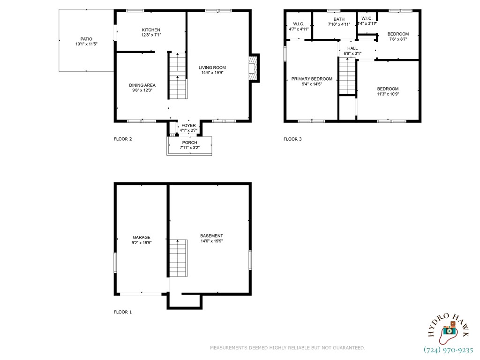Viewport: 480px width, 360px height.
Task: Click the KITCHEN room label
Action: (151, 30)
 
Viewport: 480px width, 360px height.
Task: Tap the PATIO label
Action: (86, 39)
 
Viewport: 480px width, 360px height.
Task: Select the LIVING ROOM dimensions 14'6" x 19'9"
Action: (212, 73)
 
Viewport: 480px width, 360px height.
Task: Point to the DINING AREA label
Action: (142, 85)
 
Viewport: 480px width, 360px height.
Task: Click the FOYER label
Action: (188, 125)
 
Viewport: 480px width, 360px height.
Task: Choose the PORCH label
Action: (190, 142)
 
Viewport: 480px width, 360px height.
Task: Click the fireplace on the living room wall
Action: (254, 68)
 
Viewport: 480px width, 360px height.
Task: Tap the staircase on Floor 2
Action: (178, 75)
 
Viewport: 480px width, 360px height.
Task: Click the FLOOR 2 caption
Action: (123, 139)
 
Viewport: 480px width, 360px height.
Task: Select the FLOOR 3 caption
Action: (292, 139)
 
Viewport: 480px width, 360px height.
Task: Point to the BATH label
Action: (339, 19)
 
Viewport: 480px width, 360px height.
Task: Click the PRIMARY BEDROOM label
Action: (312, 79)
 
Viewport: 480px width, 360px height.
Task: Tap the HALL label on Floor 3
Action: (352, 48)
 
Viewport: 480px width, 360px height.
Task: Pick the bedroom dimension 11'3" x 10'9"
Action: (388, 94)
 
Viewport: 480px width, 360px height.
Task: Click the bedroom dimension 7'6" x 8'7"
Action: (398, 39)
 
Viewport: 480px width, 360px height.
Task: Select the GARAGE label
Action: (142, 237)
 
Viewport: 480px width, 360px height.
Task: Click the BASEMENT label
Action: (211, 236)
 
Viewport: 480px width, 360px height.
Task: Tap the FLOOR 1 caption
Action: (123, 312)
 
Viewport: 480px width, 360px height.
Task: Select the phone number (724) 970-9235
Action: (449, 350)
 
